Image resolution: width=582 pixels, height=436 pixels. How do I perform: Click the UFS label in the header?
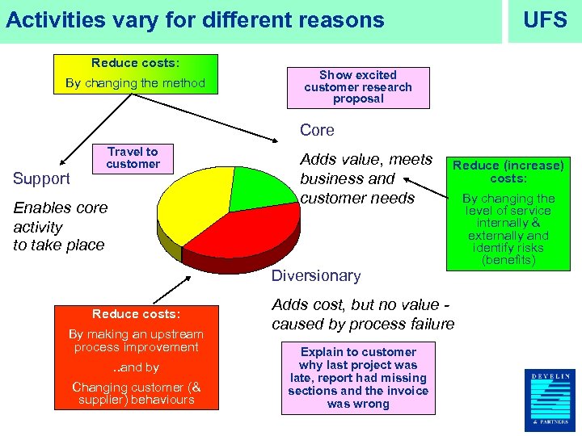[x=545, y=20]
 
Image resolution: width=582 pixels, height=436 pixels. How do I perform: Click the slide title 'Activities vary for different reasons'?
[x=195, y=20]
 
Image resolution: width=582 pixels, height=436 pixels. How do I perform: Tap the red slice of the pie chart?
[x=242, y=234]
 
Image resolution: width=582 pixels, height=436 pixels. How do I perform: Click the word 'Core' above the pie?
[x=317, y=130]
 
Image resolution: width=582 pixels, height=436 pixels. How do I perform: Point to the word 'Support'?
[x=42, y=178]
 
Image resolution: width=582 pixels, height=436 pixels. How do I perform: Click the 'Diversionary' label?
[x=316, y=275]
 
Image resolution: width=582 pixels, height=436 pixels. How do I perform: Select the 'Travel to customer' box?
[x=133, y=157]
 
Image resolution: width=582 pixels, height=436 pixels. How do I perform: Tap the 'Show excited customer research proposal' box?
[x=358, y=87]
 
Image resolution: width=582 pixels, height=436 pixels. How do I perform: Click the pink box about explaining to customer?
[x=358, y=378]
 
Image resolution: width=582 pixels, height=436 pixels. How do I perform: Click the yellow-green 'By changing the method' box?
[x=135, y=74]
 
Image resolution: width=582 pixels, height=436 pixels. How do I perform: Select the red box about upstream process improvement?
[x=135, y=356]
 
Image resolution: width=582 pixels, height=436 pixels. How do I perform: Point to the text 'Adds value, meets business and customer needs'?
[x=365, y=178]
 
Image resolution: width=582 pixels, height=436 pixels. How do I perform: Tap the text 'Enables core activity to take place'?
[x=60, y=226]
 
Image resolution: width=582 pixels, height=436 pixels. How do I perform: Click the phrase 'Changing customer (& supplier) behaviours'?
[x=135, y=393]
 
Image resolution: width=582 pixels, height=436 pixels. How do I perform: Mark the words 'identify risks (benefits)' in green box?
[x=508, y=254]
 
